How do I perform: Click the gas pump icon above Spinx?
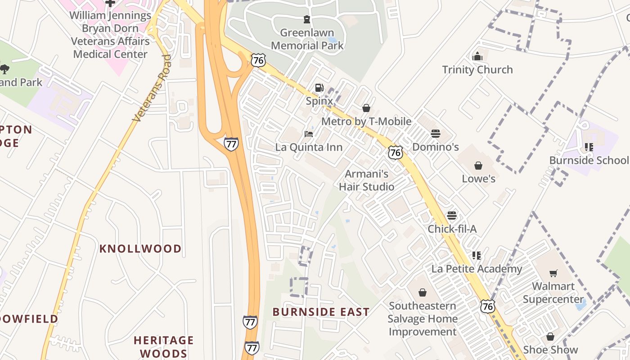(x=319, y=88)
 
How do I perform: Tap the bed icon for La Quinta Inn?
(x=309, y=134)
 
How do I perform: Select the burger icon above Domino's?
(x=435, y=134)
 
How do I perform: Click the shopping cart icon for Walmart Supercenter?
(x=553, y=273)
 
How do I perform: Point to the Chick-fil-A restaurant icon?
(x=452, y=216)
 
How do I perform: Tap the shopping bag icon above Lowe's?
(x=478, y=166)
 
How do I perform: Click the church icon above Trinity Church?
(x=477, y=57)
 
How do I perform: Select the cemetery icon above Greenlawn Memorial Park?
(x=307, y=19)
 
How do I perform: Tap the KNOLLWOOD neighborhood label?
(x=140, y=248)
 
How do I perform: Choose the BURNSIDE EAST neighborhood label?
(x=321, y=312)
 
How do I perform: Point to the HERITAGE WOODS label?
(x=163, y=346)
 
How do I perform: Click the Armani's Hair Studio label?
(x=366, y=180)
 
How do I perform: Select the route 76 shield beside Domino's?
(x=396, y=152)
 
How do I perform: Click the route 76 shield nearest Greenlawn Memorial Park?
(x=259, y=60)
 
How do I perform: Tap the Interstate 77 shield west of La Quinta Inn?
(x=231, y=144)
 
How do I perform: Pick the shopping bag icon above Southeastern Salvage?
(x=422, y=292)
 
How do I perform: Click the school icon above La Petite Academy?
(x=477, y=256)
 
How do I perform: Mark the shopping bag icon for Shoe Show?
(x=550, y=337)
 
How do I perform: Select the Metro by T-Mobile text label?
(x=366, y=121)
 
